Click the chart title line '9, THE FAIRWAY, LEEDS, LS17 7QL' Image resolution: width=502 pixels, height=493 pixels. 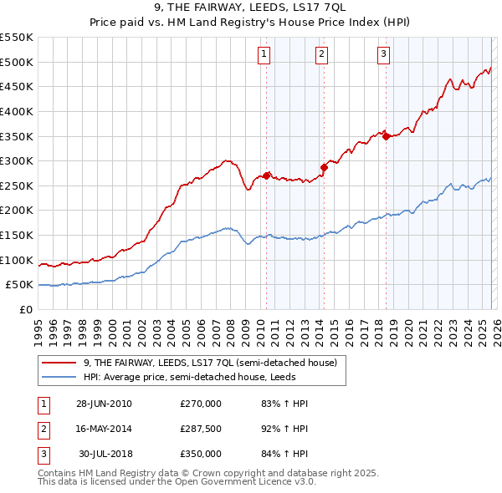point(250,8)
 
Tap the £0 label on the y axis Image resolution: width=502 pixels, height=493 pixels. point(25,309)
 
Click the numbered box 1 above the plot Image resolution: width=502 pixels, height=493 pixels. point(264,55)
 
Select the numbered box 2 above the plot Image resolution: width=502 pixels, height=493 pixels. point(321,55)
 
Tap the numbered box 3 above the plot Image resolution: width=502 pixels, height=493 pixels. point(383,55)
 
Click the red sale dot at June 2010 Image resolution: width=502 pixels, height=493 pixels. point(267,175)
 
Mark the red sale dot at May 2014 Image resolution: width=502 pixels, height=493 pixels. point(324,167)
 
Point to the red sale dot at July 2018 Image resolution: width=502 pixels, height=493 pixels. point(386,136)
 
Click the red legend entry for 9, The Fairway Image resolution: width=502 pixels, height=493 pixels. point(209,363)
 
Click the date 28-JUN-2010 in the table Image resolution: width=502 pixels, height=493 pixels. point(104,404)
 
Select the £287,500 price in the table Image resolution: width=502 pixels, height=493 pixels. point(201,429)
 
